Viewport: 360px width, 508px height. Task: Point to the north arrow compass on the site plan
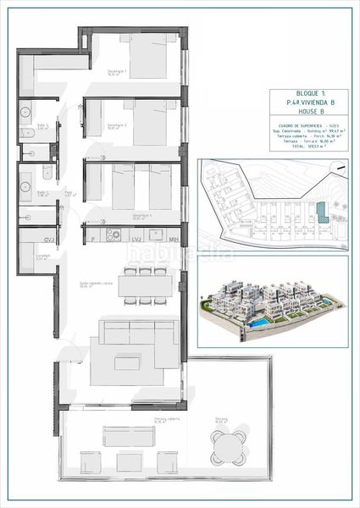pos(339,168)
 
